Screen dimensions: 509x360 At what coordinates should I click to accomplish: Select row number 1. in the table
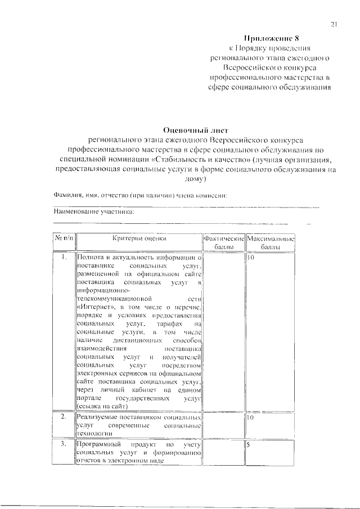pos(64,257)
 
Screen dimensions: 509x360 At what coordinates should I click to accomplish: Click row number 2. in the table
pos(64,418)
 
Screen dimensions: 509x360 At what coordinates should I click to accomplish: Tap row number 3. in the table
pos(64,444)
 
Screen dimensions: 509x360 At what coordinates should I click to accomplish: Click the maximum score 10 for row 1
pos(251,257)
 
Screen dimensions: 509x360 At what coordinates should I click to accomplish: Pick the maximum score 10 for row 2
pos(251,418)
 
